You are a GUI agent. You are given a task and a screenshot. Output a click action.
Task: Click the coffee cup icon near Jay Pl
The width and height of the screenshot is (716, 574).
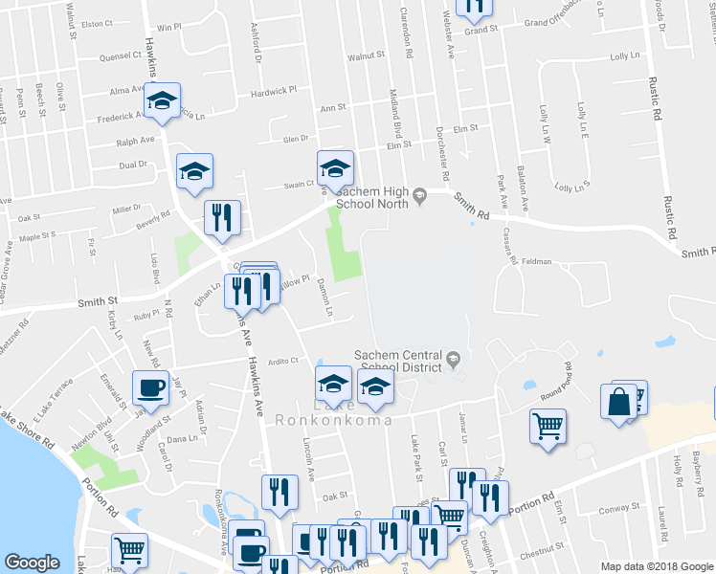click(149, 387)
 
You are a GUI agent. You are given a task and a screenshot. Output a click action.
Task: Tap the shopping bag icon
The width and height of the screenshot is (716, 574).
click(618, 402)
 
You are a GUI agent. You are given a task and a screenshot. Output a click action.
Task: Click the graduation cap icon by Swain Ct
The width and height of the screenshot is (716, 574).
click(335, 168)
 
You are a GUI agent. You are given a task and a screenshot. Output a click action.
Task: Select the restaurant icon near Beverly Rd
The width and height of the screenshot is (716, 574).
click(222, 217)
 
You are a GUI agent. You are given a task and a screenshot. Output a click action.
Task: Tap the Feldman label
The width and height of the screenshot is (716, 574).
click(536, 260)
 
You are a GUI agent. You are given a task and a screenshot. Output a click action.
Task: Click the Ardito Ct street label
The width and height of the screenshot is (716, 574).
click(283, 361)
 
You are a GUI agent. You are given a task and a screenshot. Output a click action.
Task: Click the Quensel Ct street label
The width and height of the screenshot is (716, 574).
click(120, 56)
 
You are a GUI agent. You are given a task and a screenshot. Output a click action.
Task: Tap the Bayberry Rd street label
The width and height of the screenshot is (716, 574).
click(698, 458)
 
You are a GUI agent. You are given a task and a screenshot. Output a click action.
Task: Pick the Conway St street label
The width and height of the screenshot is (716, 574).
click(612, 508)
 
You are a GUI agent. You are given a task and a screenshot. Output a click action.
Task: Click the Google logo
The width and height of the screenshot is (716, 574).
click(33, 563)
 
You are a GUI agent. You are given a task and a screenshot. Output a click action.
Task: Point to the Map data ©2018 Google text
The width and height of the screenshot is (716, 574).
click(656, 566)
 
